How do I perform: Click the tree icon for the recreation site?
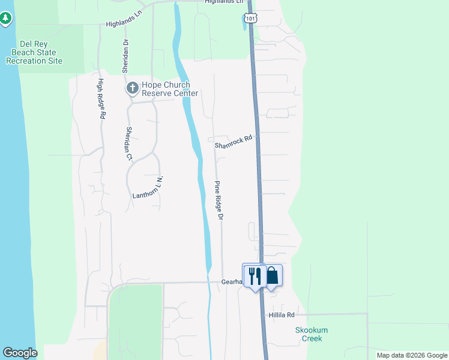tap(6, 19)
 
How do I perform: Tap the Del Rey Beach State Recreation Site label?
tap(34, 53)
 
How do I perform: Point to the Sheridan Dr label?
tap(126, 56)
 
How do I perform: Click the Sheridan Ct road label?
tap(128, 144)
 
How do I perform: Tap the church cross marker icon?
tap(133, 89)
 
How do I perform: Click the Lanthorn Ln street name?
tap(148, 188)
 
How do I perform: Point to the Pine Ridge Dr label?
tap(219, 200)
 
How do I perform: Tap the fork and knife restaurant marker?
tap(255, 276)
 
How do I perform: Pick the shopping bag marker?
tap(273, 275)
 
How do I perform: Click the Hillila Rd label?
tap(282, 315)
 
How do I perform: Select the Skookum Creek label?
tap(312, 334)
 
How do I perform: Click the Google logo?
tap(20, 353)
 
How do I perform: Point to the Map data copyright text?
tap(411, 355)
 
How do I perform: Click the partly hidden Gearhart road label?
tap(231, 281)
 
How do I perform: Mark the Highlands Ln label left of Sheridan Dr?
tap(122, 23)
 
